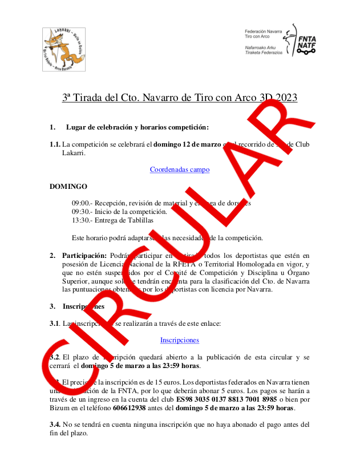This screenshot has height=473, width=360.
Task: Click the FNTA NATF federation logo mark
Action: (x=304, y=40)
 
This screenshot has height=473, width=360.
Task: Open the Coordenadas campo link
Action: (x=179, y=169)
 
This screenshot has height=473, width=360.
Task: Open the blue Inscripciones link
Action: (x=179, y=340)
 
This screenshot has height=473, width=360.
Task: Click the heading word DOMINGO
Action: (x=68, y=187)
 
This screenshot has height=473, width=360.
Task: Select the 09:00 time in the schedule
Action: (x=80, y=203)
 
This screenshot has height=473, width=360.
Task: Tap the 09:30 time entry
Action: (x=80, y=212)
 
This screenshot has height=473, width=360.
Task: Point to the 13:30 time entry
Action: (x=80, y=220)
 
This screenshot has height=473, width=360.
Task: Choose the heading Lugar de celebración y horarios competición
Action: (x=137, y=127)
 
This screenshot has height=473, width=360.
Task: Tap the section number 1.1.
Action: (x=55, y=144)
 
